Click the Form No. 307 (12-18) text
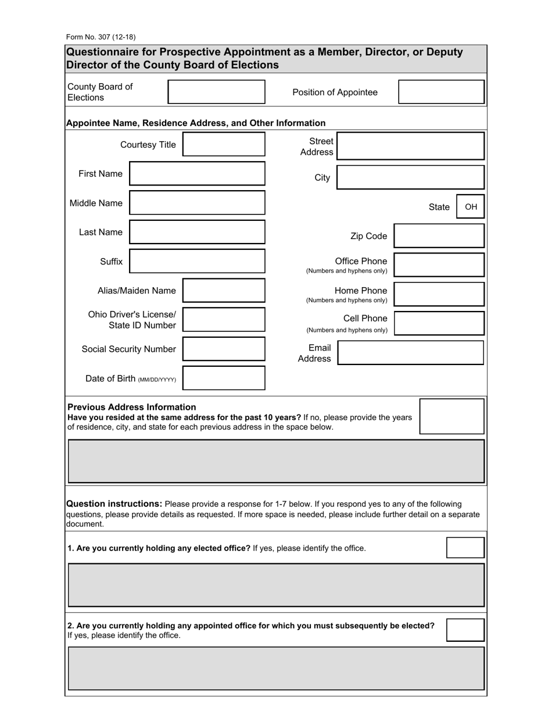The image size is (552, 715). point(101,37)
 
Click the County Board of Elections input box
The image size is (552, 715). point(216,92)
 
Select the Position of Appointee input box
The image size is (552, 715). point(441,92)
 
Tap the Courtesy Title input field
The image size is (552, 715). point(224,144)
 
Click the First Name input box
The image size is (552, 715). point(197,174)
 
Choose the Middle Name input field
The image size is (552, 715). point(197,203)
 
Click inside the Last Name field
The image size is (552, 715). point(197,232)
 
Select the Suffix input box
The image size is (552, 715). point(197,261)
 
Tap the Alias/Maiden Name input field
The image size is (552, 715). point(224,291)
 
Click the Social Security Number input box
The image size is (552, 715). point(224,349)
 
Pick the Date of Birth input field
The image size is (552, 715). point(224,378)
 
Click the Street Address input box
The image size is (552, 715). point(410,146)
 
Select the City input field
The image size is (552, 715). point(410,177)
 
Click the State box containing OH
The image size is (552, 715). point(471,207)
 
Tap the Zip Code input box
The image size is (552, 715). point(439,236)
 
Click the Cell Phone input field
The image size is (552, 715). point(439,323)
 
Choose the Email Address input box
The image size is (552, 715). point(410,353)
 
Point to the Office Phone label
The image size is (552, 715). point(361,261)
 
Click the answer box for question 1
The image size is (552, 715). point(465,548)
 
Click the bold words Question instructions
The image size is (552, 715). point(114,504)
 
